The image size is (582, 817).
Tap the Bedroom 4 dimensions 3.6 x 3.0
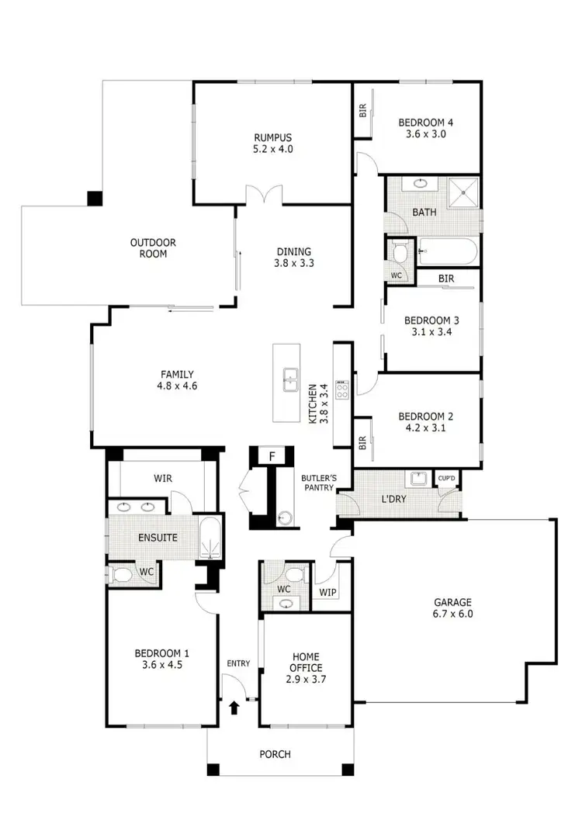tap(426, 133)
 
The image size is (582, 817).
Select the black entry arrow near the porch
tap(234, 707)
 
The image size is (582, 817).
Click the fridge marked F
tap(272, 456)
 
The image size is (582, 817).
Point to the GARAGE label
tap(453, 602)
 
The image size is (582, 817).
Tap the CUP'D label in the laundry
tap(447, 479)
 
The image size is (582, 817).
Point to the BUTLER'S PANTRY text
tap(317, 483)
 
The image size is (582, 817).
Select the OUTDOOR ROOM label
tap(153, 248)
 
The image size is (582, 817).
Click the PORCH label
tap(275, 754)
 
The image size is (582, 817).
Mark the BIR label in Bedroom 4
tap(362, 111)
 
